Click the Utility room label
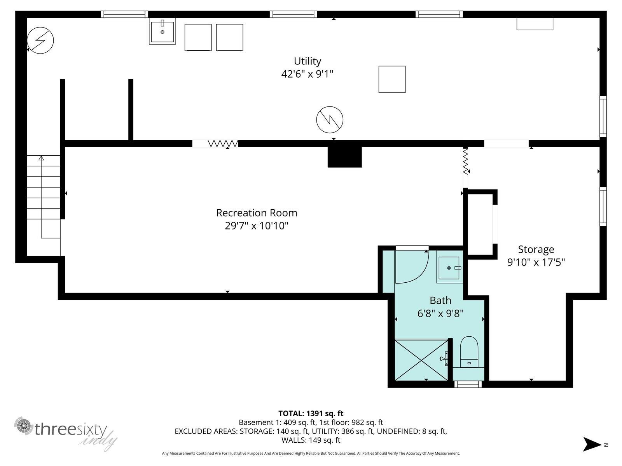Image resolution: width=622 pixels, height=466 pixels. (307, 61)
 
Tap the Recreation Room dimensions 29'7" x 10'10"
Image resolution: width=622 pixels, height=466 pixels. (257, 226)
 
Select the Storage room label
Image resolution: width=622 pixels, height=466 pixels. (536, 249)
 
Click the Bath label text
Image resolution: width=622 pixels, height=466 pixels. (440, 300)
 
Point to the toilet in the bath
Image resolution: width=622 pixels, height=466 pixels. (469, 352)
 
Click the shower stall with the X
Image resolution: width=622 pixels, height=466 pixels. (421, 360)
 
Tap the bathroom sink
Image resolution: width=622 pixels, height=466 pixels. (449, 268)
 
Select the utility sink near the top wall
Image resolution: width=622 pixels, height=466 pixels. (162, 31)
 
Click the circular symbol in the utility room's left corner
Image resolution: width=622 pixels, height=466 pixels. (40, 40)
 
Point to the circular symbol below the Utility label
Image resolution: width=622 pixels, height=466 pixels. (329, 119)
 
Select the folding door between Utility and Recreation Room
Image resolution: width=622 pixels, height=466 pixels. (223, 144)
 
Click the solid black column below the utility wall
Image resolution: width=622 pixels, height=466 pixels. (344, 157)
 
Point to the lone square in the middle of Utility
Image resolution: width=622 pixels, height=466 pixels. (392, 79)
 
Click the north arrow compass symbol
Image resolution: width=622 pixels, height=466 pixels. (593, 444)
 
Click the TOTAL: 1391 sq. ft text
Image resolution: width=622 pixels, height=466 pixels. (311, 413)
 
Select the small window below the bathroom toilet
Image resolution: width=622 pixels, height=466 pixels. (468, 384)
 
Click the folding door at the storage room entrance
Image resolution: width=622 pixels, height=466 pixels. (465, 161)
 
